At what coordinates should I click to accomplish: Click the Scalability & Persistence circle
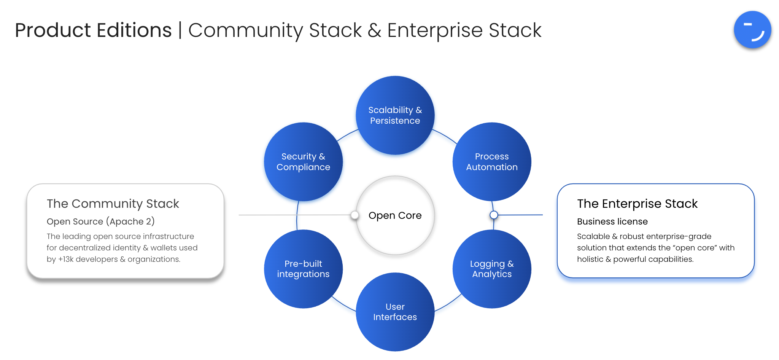pyautogui.click(x=395, y=115)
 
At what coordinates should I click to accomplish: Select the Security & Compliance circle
pyautogui.click(x=303, y=162)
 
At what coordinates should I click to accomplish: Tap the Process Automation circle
pyautogui.click(x=491, y=162)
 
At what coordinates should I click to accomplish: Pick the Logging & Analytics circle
pyautogui.click(x=491, y=269)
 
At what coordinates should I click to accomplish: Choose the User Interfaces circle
pyautogui.click(x=395, y=312)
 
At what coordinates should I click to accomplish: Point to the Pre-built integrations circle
pyautogui.click(x=303, y=269)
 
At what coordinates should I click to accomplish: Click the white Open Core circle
pyautogui.click(x=395, y=215)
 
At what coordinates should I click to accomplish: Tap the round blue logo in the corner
pyautogui.click(x=752, y=30)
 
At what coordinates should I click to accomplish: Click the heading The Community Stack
pyautogui.click(x=113, y=204)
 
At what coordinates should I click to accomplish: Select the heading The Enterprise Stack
pyautogui.click(x=637, y=204)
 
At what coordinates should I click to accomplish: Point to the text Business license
pyautogui.click(x=612, y=221)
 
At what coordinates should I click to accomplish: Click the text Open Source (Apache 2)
pyautogui.click(x=100, y=221)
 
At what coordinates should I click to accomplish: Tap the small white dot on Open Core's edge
pyautogui.click(x=355, y=215)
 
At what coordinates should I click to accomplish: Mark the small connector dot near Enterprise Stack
pyautogui.click(x=494, y=215)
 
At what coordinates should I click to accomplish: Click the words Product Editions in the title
pyautogui.click(x=93, y=30)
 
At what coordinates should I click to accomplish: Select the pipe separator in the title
pyautogui.click(x=180, y=30)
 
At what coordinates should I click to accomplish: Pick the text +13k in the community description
pyautogui.click(x=65, y=259)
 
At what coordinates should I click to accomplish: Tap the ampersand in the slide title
pyautogui.click(x=374, y=30)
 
